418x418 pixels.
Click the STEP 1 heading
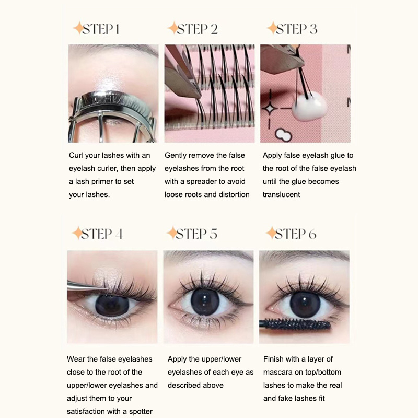coord(97,29)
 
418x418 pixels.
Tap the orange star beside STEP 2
coord(173,28)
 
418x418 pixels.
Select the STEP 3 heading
coord(293,29)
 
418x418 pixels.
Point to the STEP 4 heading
coord(97,234)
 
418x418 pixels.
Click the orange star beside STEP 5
coord(172,233)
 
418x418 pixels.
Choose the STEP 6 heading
coord(291,234)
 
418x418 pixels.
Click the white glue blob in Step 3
coord(309,106)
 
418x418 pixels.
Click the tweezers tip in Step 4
coord(106,288)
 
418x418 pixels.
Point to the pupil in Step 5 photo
coord(205,302)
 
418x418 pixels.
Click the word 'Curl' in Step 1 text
coord(76,155)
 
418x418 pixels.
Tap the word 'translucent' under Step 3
coord(281,194)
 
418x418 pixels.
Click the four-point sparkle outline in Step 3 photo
coord(270,109)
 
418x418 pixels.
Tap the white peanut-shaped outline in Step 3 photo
coord(283,135)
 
